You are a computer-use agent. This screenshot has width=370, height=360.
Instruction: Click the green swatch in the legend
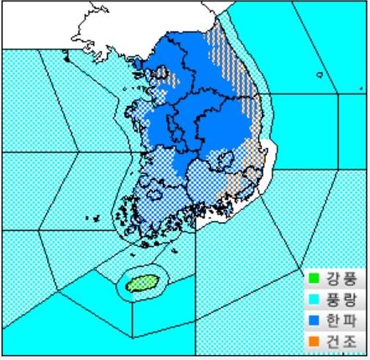314,279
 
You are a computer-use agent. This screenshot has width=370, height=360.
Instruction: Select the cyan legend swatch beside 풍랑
314,300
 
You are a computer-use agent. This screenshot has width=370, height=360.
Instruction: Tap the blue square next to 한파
314,320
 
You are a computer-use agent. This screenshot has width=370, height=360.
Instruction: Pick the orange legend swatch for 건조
314,341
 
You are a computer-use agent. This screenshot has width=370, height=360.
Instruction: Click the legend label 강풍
340,279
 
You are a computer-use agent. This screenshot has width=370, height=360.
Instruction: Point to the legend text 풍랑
340,300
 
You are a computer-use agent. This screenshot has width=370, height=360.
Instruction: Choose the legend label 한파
340,320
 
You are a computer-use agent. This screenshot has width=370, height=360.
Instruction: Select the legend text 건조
340,341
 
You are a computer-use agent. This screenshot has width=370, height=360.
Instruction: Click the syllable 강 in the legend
332,279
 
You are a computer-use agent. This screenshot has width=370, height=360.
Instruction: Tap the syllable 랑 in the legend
349,300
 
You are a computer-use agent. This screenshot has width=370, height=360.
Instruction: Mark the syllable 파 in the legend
349,320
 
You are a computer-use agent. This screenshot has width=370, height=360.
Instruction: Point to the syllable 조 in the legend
349,341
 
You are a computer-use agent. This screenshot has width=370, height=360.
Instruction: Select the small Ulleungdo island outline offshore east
319,74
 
